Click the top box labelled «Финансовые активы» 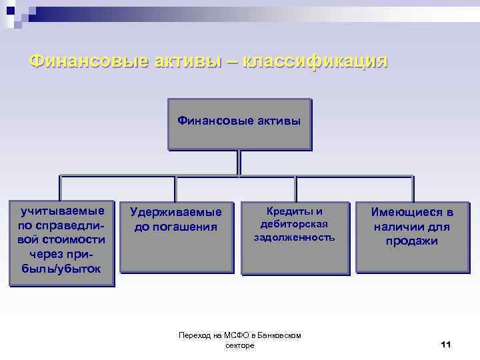(239, 124)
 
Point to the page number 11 (446, 344)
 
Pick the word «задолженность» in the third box (294, 237)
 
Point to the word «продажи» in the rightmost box (412, 241)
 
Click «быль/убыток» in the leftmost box (62, 269)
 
